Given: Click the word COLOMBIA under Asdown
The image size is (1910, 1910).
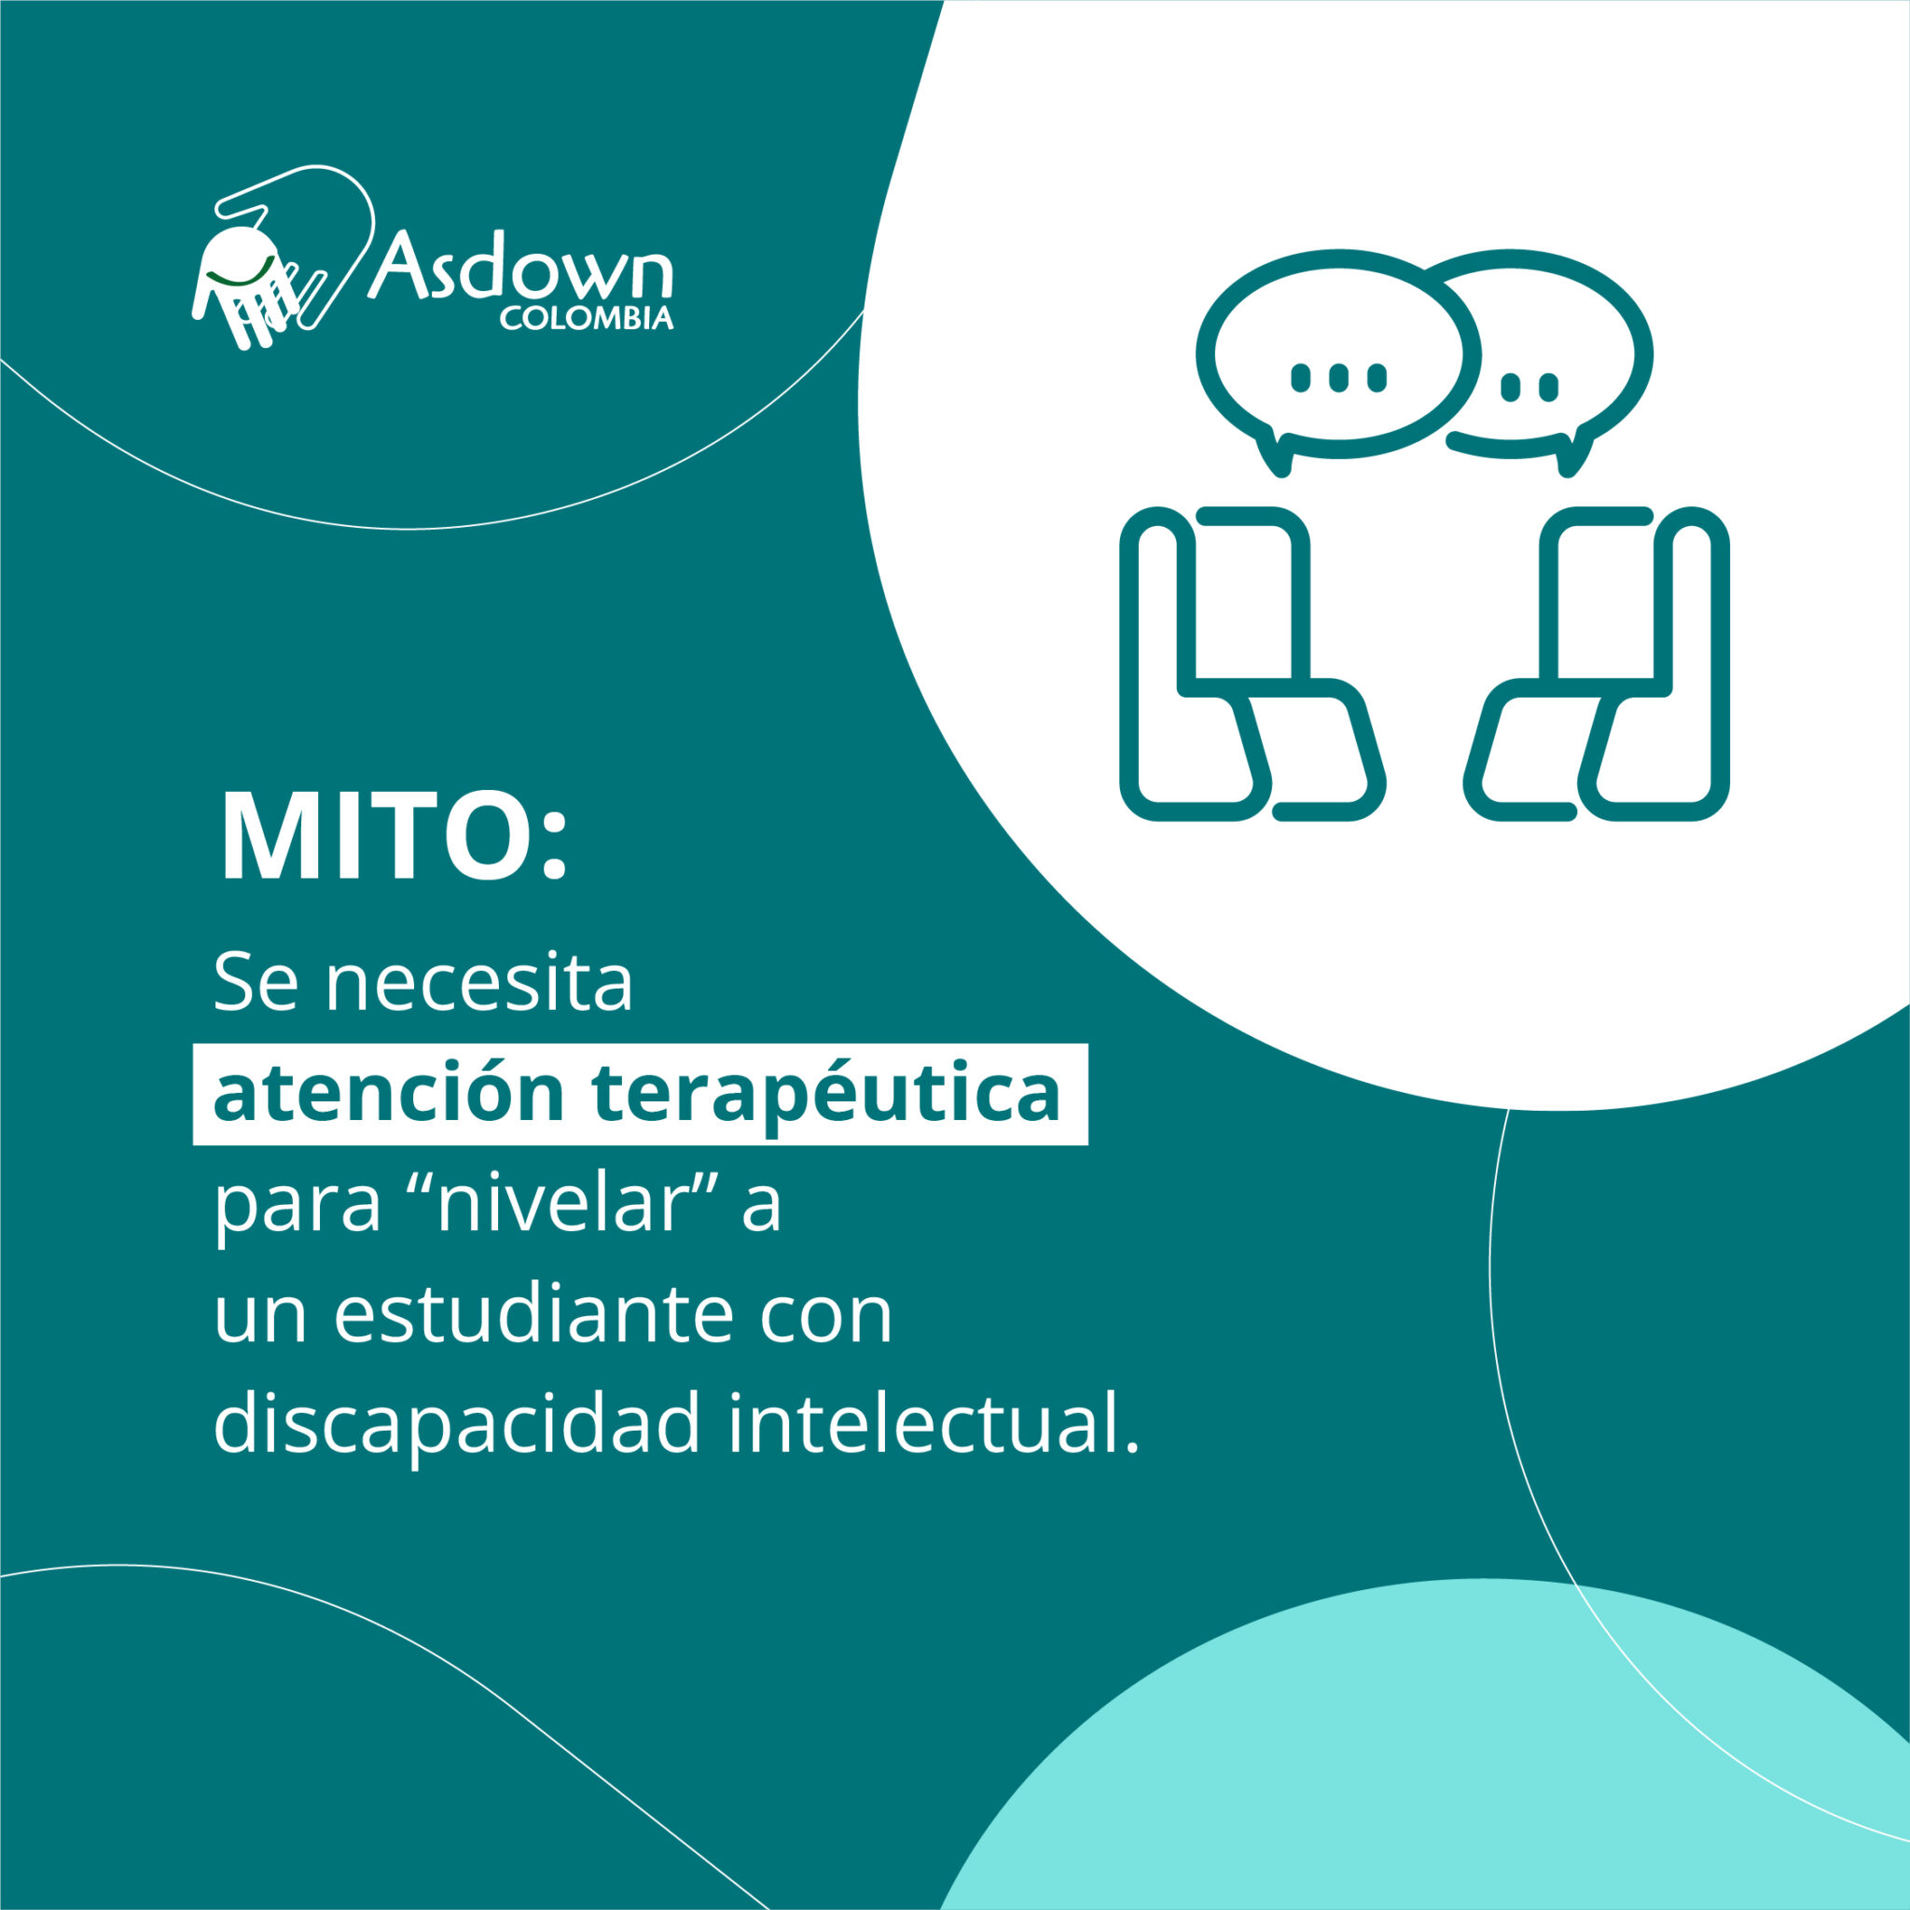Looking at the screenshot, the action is (587, 319).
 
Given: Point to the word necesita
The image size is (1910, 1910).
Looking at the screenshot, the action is (479, 985).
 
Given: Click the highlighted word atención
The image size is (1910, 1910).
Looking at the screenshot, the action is (389, 1093).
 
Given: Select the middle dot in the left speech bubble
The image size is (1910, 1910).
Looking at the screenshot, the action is (1338, 378).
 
